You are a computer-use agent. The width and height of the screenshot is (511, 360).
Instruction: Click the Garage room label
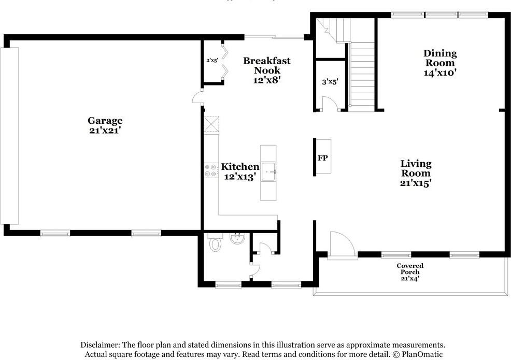105,121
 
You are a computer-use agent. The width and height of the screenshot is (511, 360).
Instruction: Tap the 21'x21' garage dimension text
105,131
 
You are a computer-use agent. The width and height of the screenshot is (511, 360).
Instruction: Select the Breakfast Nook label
267,65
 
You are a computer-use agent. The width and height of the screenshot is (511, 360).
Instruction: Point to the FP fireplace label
322,158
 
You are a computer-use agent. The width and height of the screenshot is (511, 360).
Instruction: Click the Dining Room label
440,57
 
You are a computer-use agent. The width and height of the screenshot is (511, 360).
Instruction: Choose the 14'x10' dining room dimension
440,73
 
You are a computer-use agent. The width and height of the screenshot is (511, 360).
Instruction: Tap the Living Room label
416,168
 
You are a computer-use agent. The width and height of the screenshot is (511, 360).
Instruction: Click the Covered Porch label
410,269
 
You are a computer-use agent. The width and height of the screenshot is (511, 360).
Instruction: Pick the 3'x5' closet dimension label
330,81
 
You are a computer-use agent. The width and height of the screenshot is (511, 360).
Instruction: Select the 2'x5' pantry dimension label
212,60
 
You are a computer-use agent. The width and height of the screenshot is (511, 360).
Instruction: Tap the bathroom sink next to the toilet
237,239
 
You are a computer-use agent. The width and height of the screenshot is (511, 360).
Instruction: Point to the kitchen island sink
268,170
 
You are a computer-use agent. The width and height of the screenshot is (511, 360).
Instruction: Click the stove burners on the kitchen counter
211,170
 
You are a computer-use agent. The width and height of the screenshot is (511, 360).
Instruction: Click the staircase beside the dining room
362,75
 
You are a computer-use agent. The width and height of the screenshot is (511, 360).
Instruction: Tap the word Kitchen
240,167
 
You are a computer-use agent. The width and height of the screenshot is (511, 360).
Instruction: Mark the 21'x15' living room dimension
416,182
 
